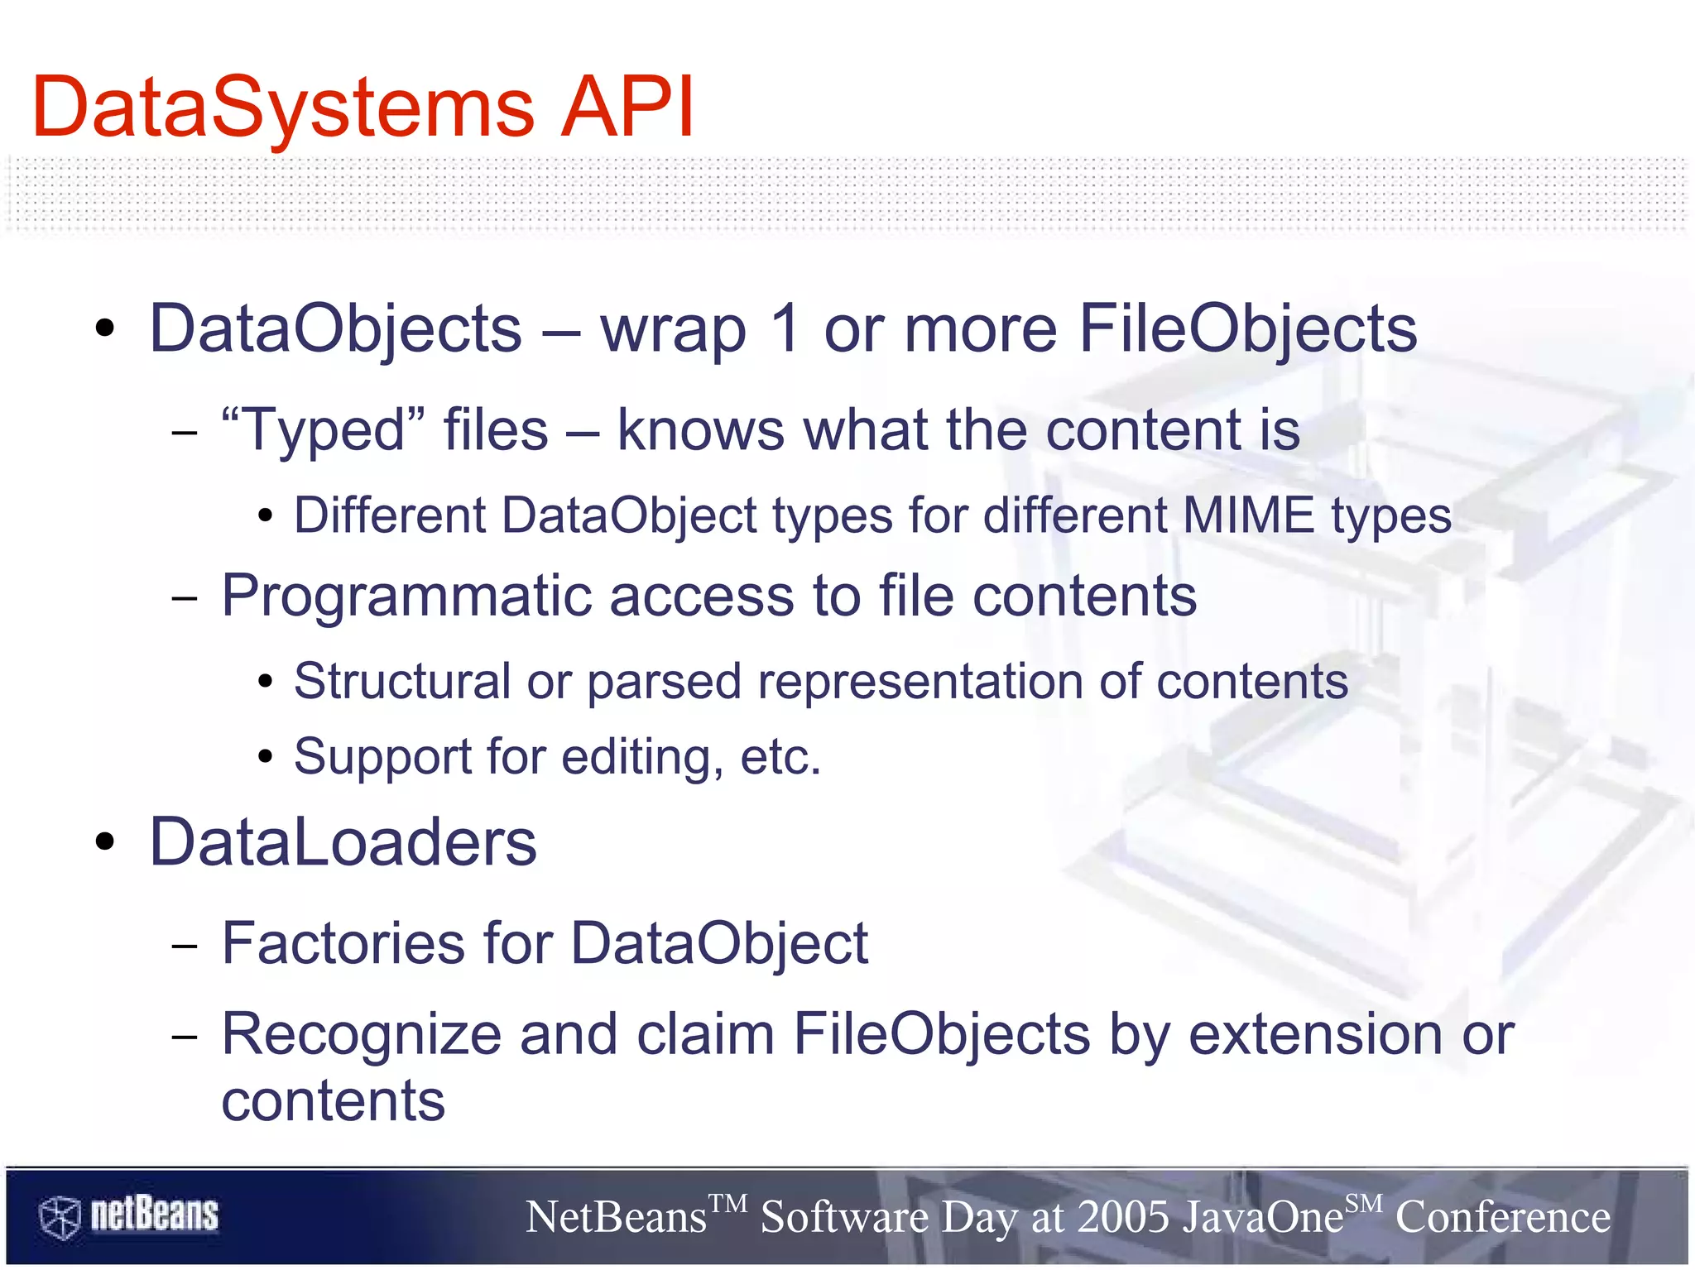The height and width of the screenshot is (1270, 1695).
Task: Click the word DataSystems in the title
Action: coord(283,108)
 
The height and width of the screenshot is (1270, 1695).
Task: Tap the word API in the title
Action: coord(627,108)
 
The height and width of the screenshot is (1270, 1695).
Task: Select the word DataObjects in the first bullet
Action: coord(335,329)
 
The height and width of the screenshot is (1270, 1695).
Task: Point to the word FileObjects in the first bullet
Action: coord(1248,329)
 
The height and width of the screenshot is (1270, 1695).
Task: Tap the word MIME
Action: coord(1248,515)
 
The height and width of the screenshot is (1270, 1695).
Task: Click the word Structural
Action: coord(402,681)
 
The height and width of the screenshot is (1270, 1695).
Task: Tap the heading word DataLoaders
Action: coord(343,842)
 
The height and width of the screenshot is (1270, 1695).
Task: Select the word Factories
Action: coord(343,942)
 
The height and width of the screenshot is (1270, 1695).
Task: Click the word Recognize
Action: coord(362,1034)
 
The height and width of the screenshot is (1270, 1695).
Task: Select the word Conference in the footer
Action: coord(1503,1217)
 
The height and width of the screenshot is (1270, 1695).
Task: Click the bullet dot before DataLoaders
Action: coord(104,842)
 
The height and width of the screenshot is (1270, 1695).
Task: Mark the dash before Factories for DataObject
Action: coord(185,944)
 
